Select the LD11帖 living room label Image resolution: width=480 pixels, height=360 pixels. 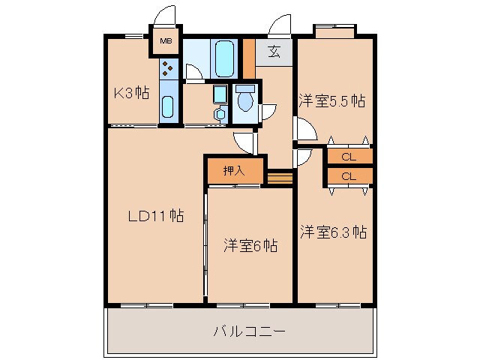pyautogui.click(x=155, y=216)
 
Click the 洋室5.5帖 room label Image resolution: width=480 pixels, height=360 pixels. pyautogui.click(x=333, y=100)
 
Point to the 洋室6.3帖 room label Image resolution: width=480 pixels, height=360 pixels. pyautogui.click(x=334, y=232)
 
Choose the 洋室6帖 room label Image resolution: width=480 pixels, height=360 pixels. pyautogui.click(x=250, y=245)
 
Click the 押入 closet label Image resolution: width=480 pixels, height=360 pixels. pyautogui.click(x=235, y=170)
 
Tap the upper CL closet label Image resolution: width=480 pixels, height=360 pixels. pyautogui.click(x=348, y=157)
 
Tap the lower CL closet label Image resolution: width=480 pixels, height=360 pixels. pyautogui.click(x=348, y=176)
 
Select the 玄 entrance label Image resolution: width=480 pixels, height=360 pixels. pyautogui.click(x=274, y=52)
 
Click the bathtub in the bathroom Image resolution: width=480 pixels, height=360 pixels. pyautogui.click(x=224, y=58)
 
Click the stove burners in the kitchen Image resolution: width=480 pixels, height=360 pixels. pyautogui.click(x=169, y=70)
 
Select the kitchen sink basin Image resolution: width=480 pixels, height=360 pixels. pyautogui.click(x=169, y=109)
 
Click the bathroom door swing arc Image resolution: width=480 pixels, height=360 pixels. pyautogui.click(x=193, y=73)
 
